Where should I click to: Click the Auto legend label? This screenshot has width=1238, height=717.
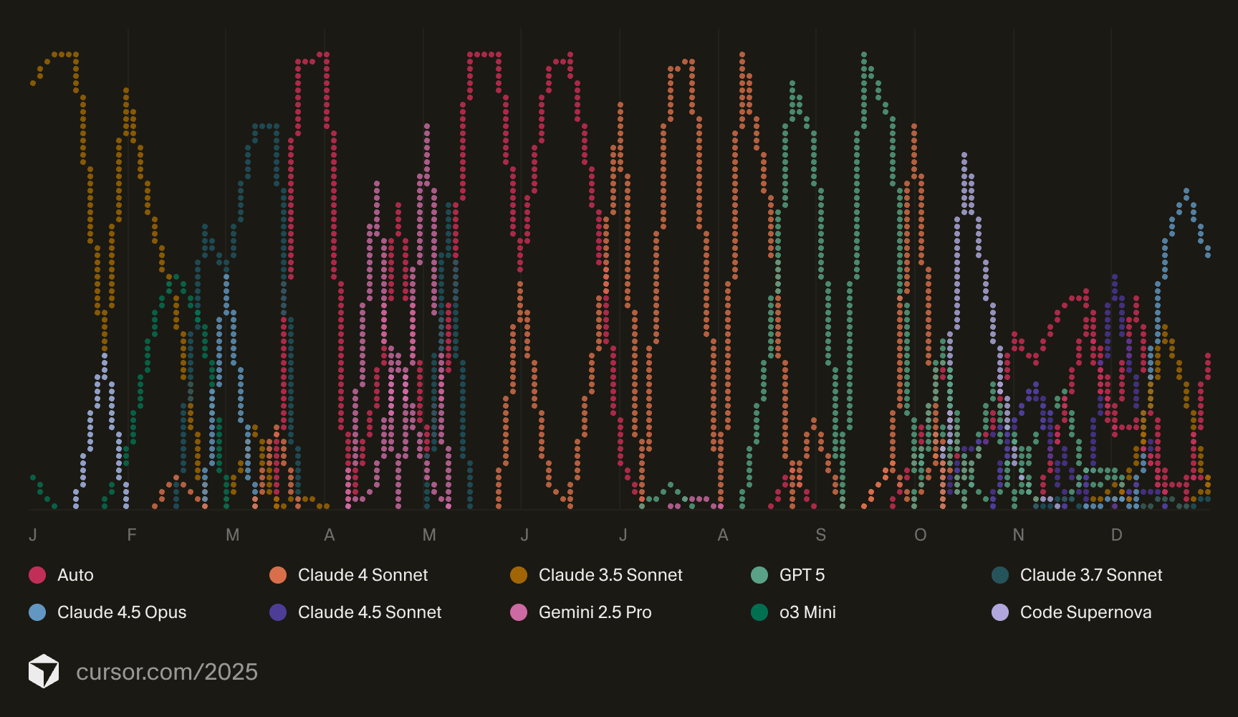coord(75,575)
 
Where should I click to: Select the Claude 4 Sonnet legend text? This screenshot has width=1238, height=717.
coord(363,575)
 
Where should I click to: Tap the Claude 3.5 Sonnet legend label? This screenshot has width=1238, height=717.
coord(610,575)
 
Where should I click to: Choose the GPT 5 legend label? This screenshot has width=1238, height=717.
coord(802,575)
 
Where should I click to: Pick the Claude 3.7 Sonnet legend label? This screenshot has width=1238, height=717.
coord(1091,575)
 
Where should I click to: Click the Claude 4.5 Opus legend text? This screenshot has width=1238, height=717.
coord(122,612)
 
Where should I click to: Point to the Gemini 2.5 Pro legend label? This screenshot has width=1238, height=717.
coord(595,612)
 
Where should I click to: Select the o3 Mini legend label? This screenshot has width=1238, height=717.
coord(807,612)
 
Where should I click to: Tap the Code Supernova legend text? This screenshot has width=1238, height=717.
coord(1085,612)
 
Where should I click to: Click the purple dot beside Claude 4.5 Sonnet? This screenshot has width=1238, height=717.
coord(278,612)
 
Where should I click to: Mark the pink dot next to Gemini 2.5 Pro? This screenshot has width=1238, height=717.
coord(519,612)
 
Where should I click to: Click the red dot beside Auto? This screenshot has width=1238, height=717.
coord(37,575)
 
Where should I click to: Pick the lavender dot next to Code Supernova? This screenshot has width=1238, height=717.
coord(1000,612)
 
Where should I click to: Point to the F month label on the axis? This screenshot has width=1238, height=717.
coord(132,535)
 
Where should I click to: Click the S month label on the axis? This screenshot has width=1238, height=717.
coord(821,535)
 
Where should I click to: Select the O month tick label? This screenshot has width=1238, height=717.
coord(921,535)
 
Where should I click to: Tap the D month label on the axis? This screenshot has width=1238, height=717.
coord(1116,535)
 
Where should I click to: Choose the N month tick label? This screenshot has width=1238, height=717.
coord(1018,535)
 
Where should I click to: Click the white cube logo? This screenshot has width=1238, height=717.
coord(44,671)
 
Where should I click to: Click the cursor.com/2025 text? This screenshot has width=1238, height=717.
coord(167,672)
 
